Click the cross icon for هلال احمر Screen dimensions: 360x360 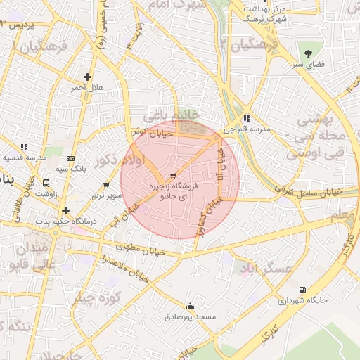87,77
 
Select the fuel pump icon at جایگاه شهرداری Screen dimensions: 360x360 302,289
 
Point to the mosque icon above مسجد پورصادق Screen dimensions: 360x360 190,307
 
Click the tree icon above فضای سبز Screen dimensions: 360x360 308,53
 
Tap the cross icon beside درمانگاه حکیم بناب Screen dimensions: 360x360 65,210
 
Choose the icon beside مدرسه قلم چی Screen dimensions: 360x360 246,119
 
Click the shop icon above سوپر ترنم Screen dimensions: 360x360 97,183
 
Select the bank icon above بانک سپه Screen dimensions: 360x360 70,159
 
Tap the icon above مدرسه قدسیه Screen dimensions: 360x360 24,148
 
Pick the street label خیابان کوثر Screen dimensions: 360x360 148,132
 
